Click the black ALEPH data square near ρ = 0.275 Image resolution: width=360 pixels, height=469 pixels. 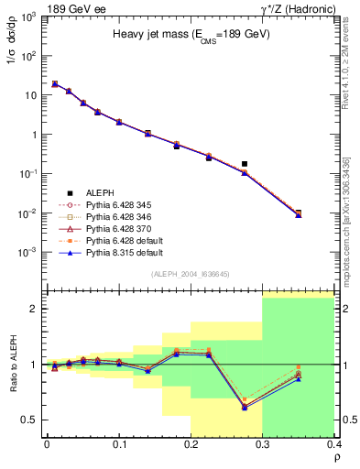(245, 164)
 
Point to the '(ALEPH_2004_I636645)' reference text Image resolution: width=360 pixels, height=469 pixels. (190, 274)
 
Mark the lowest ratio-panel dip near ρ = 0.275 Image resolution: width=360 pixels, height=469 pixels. (245, 407)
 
